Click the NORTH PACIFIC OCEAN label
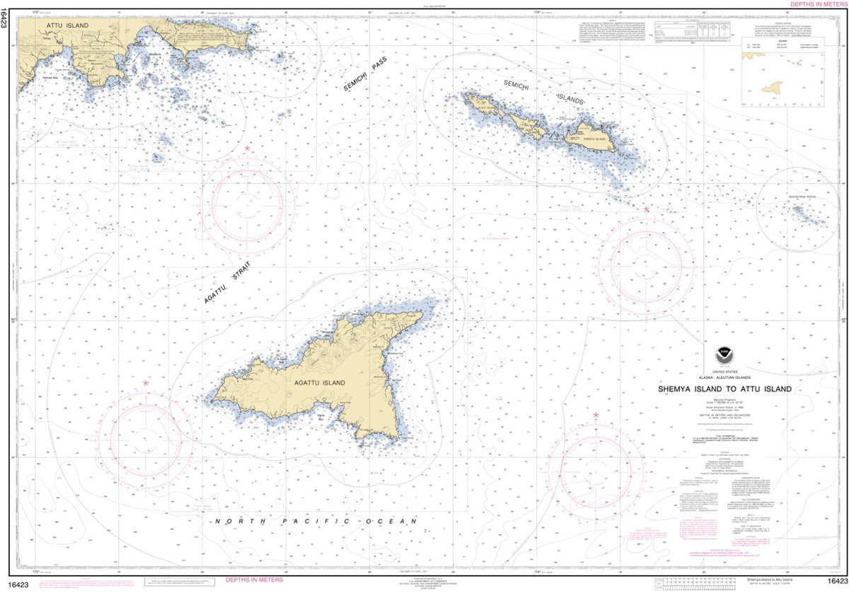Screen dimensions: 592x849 (316, 521)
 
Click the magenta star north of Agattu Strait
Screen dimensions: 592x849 (247, 149)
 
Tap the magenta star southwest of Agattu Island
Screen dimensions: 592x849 (146, 383)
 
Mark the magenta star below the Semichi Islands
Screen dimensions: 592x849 (647, 209)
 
